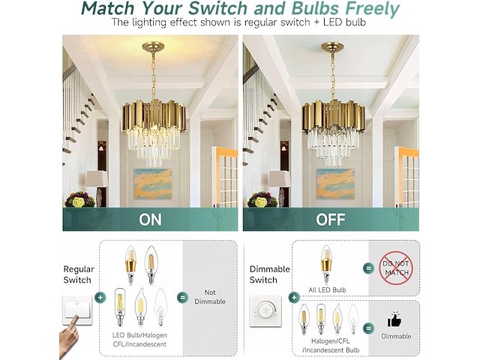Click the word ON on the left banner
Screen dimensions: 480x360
pos(150,220)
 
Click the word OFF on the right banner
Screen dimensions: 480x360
pos(331,220)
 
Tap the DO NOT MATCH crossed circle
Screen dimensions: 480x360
pos(396,268)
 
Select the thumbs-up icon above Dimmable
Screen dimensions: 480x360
pos(394,319)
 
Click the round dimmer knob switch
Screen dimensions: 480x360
pos(265,310)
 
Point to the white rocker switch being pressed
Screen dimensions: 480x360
pos(76,310)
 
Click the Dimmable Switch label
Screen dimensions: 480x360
pos(269,274)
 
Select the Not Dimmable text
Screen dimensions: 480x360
pos(210,297)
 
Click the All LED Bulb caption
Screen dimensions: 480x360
pos(327,290)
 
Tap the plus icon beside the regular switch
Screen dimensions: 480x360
pos(100,297)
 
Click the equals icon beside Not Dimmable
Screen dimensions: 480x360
pos(183,297)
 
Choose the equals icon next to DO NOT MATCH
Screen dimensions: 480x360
pos(368,268)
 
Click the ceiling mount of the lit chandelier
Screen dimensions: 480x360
pos(153,46)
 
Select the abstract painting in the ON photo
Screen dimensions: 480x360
pos(153,184)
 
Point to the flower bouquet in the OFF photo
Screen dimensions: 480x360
pos(262,199)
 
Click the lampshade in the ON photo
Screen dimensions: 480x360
pos(97,178)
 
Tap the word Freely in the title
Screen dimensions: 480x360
pos(372,8)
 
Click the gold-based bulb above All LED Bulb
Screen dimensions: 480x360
pos(326,264)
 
